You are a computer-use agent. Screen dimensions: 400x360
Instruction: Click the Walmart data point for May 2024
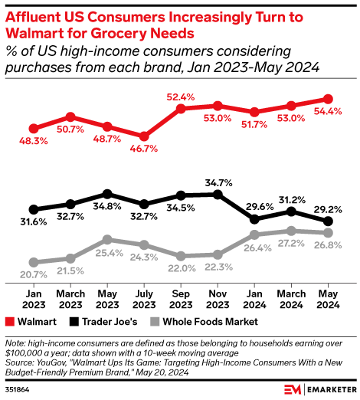[x=328, y=99]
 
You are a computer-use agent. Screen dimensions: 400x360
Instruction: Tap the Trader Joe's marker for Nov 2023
[x=218, y=195]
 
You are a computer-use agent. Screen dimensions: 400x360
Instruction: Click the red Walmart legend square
[x=10, y=322]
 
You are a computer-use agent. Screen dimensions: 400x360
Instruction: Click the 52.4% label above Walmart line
[x=181, y=97]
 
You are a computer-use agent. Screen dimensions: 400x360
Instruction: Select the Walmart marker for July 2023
[x=143, y=136]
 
